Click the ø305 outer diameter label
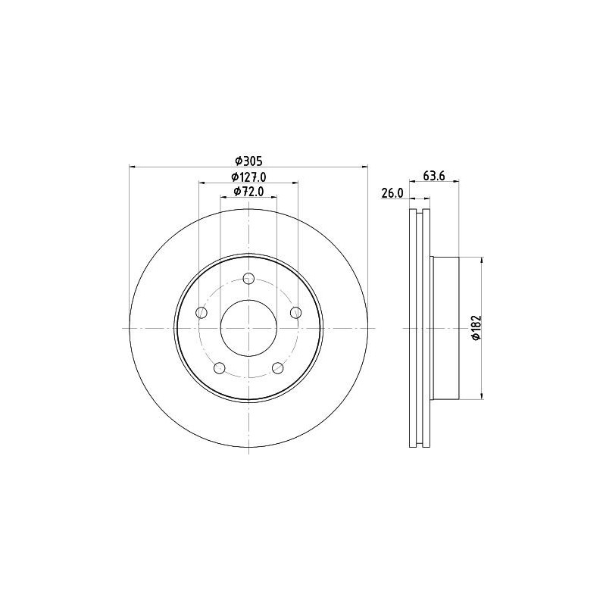tap(248, 160)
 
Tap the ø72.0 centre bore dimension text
tap(248, 192)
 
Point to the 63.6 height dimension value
tap(433, 176)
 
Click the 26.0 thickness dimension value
tap(391, 193)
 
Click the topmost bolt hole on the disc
tap(248, 278)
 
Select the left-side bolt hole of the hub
tap(201, 312)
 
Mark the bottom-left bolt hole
tap(220, 368)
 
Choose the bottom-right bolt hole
tap(277, 368)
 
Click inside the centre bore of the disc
tap(248, 328)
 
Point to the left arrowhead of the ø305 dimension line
tap(133, 166)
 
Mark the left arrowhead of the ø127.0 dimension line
tap(202, 183)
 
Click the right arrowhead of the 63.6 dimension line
tap(458, 183)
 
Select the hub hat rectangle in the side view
tap(445, 328)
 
